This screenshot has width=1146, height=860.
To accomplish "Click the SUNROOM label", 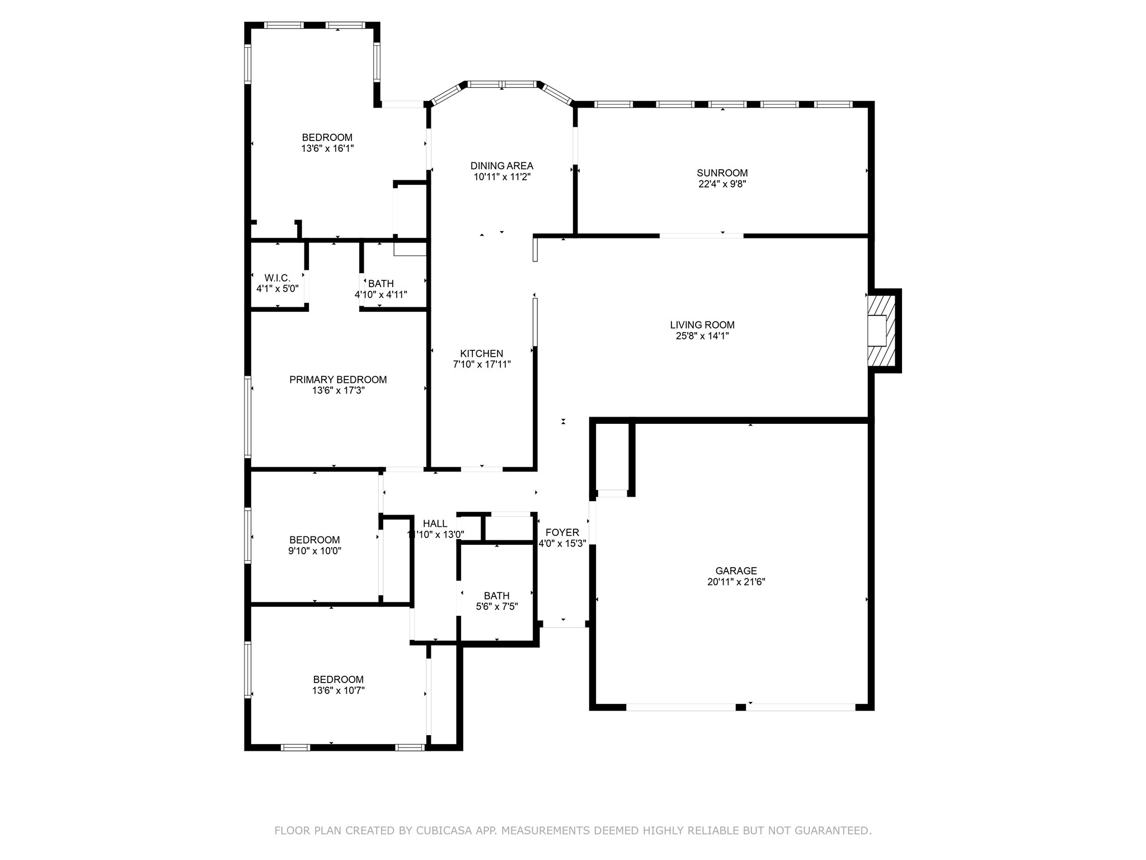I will (x=722, y=173).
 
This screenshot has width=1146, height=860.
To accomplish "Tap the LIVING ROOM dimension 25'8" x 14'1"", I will (x=702, y=336).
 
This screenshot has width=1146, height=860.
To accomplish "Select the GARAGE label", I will (x=736, y=571).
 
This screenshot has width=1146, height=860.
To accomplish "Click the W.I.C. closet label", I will (x=277, y=278).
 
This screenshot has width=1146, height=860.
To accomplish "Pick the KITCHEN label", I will (x=481, y=353).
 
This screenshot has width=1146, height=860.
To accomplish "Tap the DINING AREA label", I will (x=501, y=166).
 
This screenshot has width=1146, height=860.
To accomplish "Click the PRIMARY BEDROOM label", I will (x=338, y=380).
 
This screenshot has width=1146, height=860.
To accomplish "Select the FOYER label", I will (x=562, y=532).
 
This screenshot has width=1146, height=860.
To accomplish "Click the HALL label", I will (x=435, y=524).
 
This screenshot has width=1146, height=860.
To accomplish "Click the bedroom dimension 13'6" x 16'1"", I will (x=327, y=148).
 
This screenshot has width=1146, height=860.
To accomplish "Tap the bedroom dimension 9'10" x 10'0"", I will (x=314, y=550).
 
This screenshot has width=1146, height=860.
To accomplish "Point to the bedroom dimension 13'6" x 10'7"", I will (x=338, y=690).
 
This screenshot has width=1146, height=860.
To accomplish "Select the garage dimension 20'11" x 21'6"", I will (x=736, y=582).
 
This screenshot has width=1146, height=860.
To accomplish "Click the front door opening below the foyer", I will (x=564, y=627).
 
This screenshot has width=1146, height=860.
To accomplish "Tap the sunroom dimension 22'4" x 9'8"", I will (x=722, y=184).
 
